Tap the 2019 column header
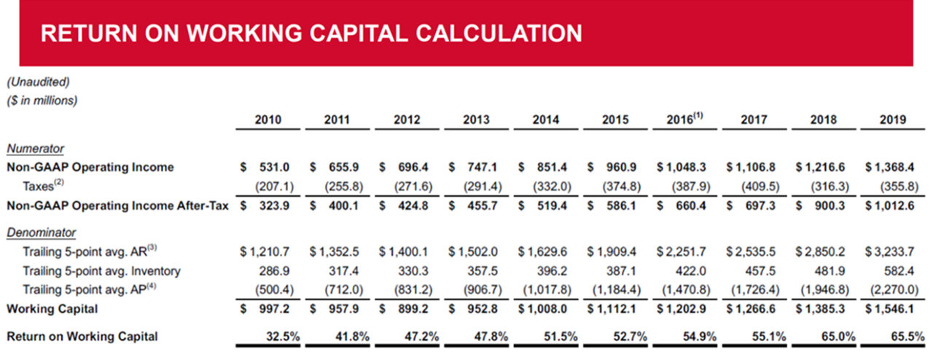point(891,120)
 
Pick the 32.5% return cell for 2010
point(276,337)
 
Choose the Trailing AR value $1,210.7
point(265,253)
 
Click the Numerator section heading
point(35,149)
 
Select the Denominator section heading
point(41,233)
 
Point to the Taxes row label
point(41,187)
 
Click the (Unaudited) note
point(38,82)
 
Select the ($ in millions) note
point(42,100)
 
